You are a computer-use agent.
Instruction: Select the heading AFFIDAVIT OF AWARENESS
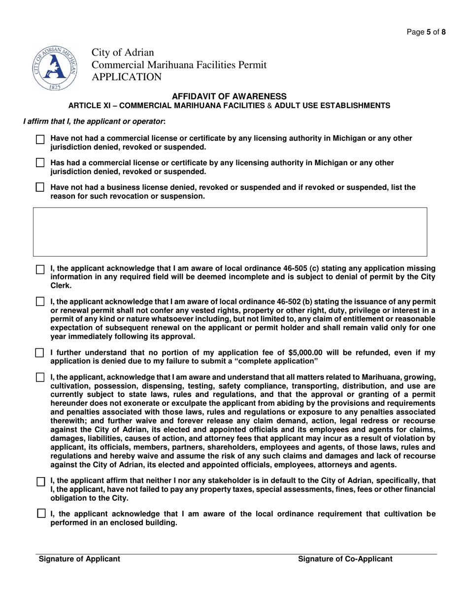(229, 96)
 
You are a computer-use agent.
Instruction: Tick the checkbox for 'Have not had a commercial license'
(41, 140)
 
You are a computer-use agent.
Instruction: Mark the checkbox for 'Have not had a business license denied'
(41, 187)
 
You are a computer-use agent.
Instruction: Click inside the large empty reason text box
(230, 232)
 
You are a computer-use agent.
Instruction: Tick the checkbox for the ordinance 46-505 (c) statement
(41, 270)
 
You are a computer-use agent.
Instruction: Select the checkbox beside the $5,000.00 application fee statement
(41, 353)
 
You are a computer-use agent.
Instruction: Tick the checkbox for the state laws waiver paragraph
(41, 378)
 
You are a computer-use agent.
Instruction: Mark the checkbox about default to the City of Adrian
(41, 482)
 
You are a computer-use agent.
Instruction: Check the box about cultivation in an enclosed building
(41, 514)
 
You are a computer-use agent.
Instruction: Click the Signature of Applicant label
(79, 559)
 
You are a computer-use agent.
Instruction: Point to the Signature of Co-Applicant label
(345, 559)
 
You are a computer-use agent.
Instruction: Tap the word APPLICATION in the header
(126, 77)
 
